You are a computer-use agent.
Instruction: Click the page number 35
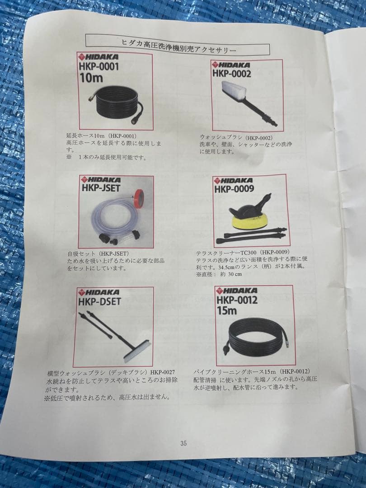coord(183,444)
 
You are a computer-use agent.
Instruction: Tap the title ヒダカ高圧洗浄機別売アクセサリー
coord(178,46)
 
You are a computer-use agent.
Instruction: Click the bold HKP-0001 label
coord(99,66)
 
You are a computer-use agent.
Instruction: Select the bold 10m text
coord(91,78)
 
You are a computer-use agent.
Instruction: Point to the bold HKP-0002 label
coord(232,74)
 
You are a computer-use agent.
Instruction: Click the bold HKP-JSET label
coord(101,188)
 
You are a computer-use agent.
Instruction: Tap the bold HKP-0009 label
coord(234,188)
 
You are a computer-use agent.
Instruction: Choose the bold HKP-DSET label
coord(99,301)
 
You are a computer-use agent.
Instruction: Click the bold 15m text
coord(227,310)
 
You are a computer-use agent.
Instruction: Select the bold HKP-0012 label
coord(238,300)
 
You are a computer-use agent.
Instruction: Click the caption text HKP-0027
coord(163,372)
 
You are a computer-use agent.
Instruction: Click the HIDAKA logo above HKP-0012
coord(237,291)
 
